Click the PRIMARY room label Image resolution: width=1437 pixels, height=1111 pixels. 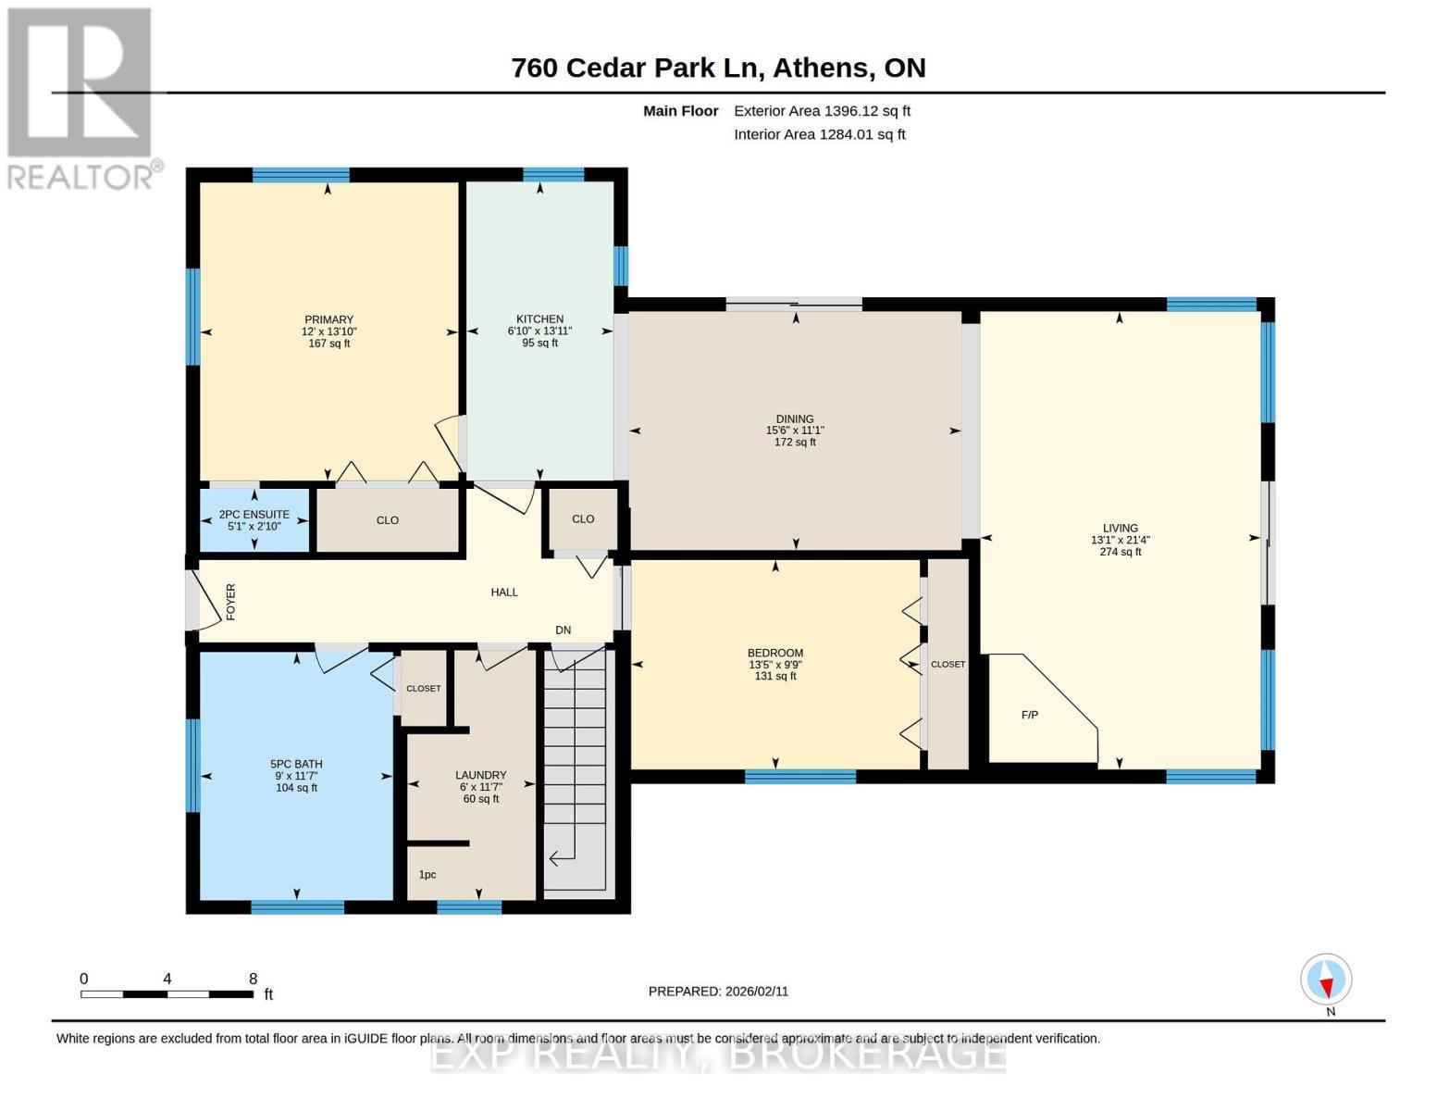click(328, 319)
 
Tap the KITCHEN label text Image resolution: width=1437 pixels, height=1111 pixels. click(539, 318)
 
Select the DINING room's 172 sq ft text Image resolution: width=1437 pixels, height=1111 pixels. click(795, 443)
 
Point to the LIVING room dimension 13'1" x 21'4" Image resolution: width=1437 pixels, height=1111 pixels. click(1120, 540)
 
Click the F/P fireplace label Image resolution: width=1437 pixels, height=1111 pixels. click(1029, 715)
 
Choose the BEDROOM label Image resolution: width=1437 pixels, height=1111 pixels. click(775, 653)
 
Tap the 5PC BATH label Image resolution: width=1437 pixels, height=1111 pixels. click(296, 764)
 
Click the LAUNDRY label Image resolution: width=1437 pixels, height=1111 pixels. click(480, 775)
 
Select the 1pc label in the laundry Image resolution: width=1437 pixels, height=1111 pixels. click(427, 874)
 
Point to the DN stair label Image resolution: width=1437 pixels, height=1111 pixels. click(563, 630)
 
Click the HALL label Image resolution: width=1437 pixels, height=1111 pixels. click(504, 592)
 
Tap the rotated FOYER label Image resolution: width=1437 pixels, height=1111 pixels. click(231, 601)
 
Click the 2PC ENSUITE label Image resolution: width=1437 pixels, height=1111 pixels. click(254, 515)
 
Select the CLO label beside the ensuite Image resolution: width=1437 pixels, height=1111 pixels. click(388, 520)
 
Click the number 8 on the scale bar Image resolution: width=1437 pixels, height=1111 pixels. click(253, 979)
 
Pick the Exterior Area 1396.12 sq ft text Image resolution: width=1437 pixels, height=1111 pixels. click(822, 111)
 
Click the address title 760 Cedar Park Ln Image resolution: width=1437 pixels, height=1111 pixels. click(636, 68)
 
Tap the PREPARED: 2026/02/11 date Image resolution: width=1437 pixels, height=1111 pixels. click(718, 991)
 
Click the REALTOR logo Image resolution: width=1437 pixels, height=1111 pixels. click(81, 97)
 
